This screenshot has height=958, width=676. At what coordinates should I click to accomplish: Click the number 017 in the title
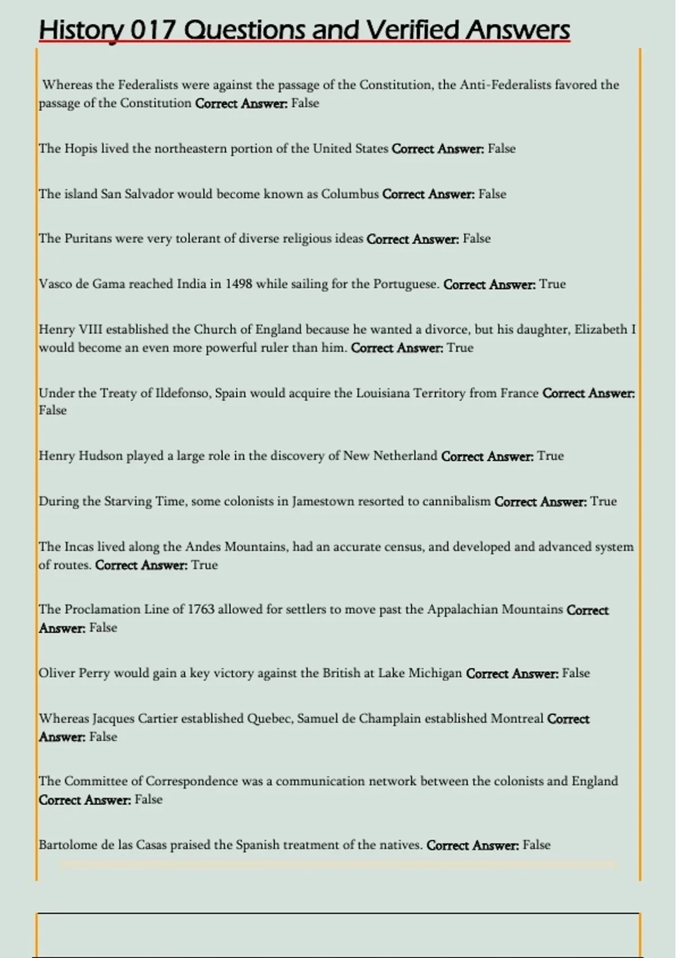(152, 30)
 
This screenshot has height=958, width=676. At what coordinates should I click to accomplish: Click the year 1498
(239, 284)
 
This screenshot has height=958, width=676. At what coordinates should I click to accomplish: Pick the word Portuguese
(406, 284)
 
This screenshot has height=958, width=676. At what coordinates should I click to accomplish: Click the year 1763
(201, 610)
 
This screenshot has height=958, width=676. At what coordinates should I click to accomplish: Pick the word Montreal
(517, 719)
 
